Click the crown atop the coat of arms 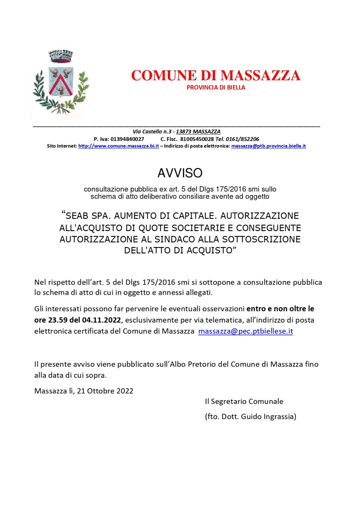pos(61,56)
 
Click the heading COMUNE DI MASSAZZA pos(216,76)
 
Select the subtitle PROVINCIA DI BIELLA pos(216,88)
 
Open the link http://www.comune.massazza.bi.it pos(119,146)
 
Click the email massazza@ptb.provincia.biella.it pos(268,146)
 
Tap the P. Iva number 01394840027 pos(127,139)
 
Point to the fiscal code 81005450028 pos(197,139)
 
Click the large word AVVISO pos(180,173)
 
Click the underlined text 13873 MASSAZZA pos(198,132)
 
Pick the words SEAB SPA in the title pos(88,216)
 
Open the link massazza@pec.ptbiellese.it pos(245,331)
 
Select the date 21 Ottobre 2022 pos(105,391)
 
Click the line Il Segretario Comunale pos(244,402)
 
